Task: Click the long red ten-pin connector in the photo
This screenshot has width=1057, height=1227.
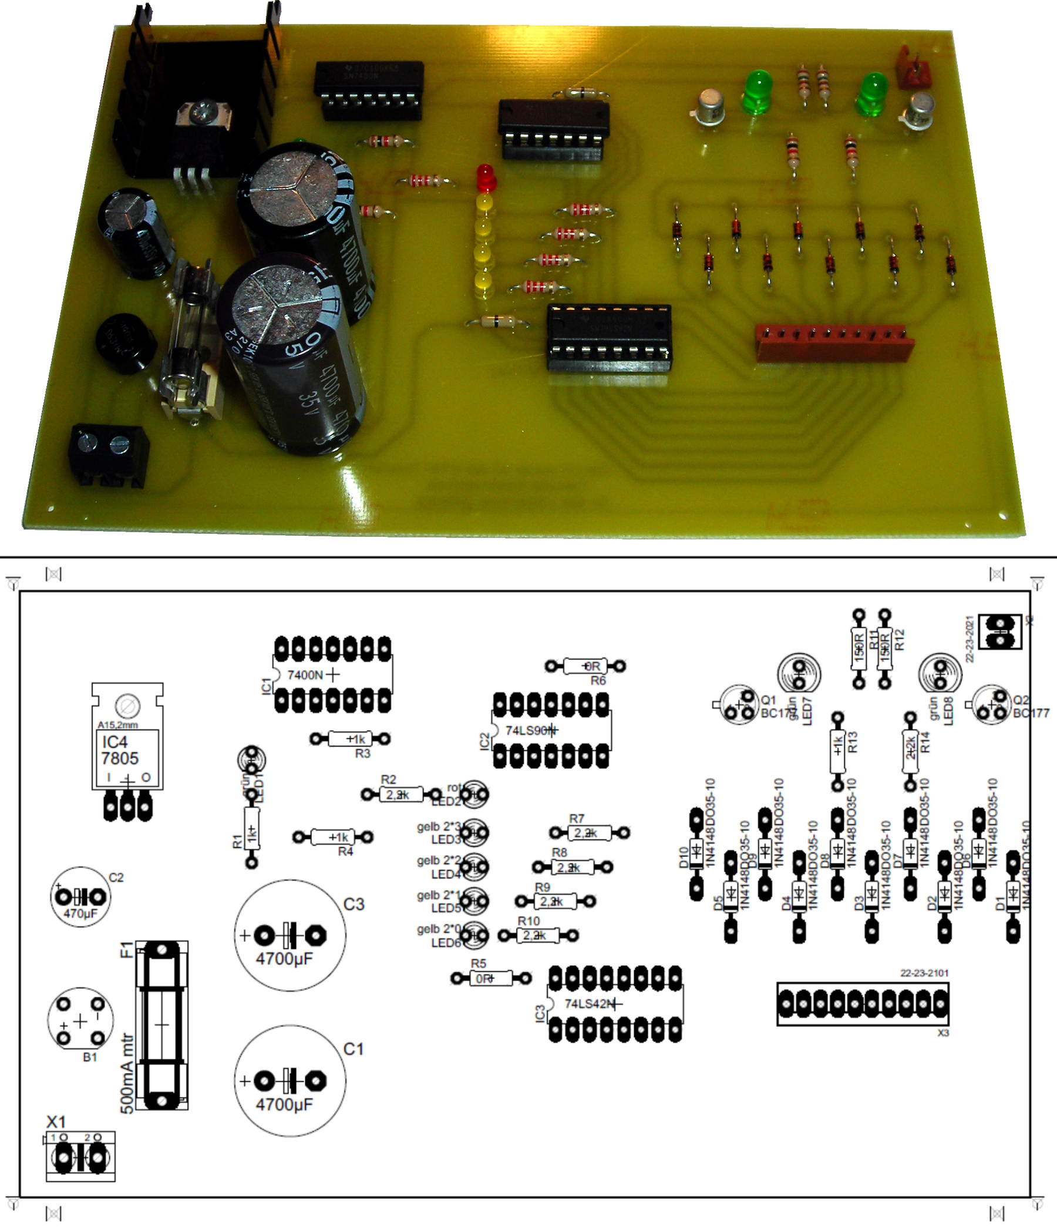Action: click(834, 344)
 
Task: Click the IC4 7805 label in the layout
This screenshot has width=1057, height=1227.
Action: click(120, 750)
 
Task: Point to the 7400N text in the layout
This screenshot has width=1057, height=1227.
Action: click(305, 675)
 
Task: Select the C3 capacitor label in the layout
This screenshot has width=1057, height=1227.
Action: click(354, 905)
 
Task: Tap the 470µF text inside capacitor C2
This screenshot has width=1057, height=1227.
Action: click(80, 914)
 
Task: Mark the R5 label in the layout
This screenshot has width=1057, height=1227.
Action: click(479, 964)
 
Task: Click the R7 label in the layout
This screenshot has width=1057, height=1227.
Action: click(577, 818)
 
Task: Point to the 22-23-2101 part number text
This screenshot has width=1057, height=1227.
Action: click(924, 973)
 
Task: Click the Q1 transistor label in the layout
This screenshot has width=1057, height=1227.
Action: click(768, 701)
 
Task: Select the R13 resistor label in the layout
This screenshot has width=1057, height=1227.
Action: click(853, 742)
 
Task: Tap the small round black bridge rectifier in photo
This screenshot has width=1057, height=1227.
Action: click(125, 344)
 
